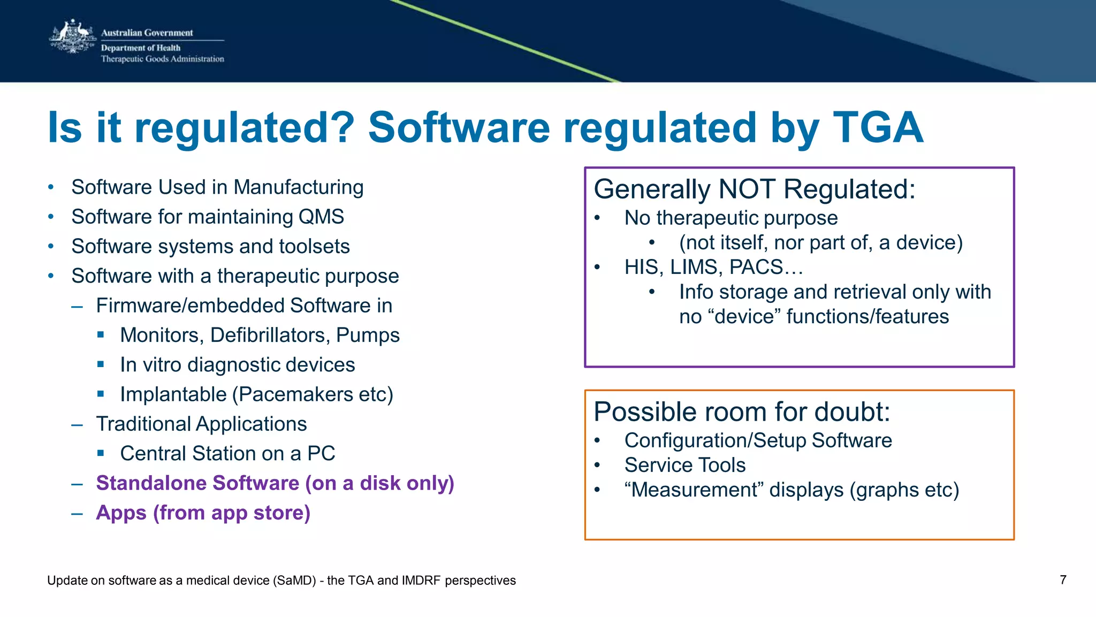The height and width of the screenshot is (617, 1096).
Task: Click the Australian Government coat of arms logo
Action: [72, 37]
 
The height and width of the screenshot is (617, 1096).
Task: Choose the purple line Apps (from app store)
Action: [203, 513]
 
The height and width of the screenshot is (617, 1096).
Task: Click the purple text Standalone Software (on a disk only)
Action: [275, 483]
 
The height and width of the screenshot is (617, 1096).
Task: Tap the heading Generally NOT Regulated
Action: [755, 189]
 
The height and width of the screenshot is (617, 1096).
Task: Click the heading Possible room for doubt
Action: [742, 412]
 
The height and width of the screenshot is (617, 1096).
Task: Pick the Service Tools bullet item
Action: [684, 465]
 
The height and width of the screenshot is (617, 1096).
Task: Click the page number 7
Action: [1063, 580]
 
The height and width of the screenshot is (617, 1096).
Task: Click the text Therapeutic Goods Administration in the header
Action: [163, 59]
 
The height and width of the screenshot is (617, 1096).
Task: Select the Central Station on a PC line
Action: [227, 454]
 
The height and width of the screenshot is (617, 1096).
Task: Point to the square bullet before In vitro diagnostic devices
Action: [101, 364]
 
